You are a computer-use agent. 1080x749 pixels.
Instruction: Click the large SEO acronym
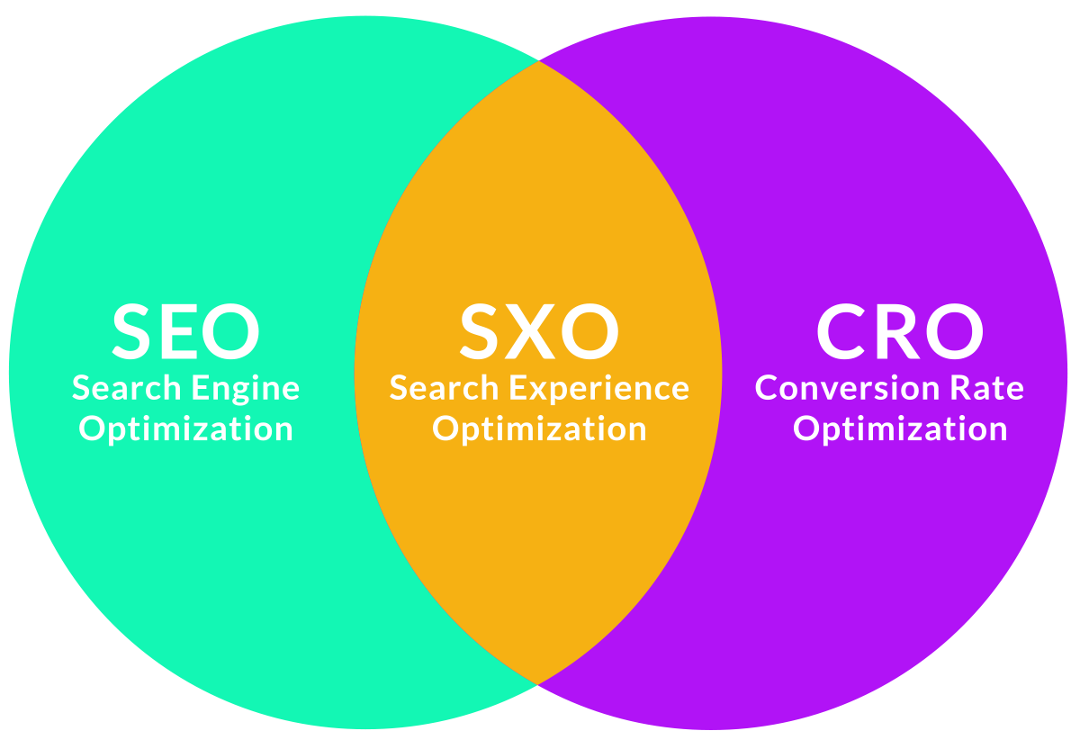pyautogui.click(x=185, y=330)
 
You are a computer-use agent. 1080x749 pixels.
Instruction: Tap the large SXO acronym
pyautogui.click(x=539, y=330)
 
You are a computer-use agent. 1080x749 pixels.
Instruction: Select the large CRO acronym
pyautogui.click(x=899, y=330)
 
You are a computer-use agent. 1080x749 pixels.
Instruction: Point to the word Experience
pyautogui.click(x=598, y=390)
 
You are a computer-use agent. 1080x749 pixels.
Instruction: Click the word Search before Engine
pyautogui.click(x=126, y=388)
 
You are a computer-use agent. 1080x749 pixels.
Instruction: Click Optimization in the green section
pyautogui.click(x=185, y=429)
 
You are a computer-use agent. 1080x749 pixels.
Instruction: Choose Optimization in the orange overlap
pyautogui.click(x=539, y=429)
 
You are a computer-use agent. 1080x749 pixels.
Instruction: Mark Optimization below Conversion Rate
pyautogui.click(x=899, y=429)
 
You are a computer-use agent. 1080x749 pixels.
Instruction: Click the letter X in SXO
pyautogui.click(x=539, y=330)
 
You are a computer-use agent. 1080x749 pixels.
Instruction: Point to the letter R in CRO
pyautogui.click(x=896, y=330)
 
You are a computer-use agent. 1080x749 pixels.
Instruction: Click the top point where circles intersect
pyautogui.click(x=538, y=61)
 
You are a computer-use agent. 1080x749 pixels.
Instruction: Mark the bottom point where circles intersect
pyautogui.click(x=538, y=684)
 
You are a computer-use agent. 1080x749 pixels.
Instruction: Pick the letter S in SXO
pyautogui.click(x=483, y=330)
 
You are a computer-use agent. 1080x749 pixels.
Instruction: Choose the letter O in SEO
pyautogui.click(x=232, y=330)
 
